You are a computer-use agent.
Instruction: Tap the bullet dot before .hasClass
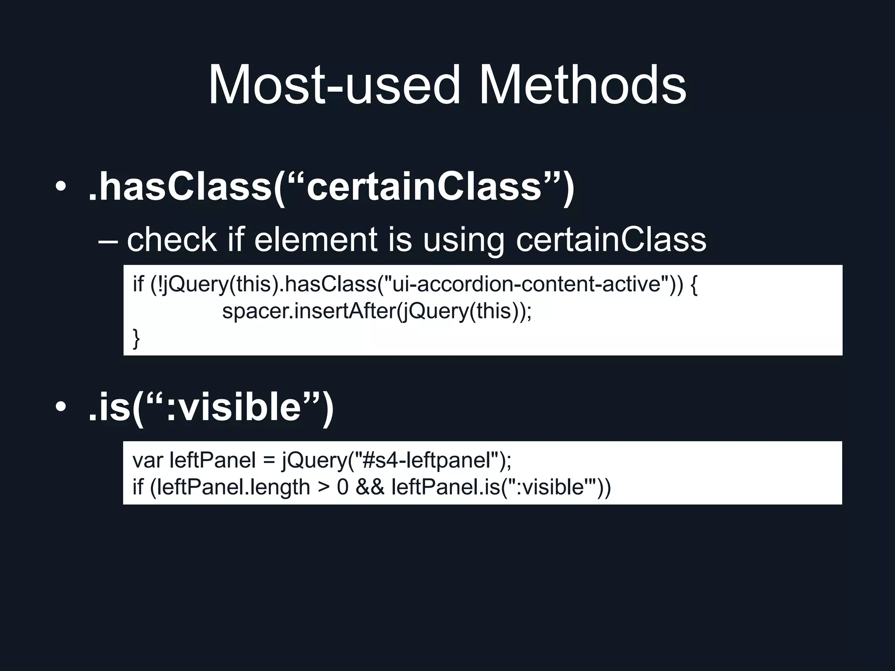(x=61, y=187)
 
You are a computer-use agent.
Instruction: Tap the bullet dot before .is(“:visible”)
(x=61, y=407)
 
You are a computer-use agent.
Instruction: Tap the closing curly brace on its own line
(x=136, y=339)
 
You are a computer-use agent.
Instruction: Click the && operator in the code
(x=370, y=487)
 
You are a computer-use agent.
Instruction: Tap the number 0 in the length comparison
(x=343, y=487)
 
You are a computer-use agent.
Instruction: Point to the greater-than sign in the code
(x=324, y=488)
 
